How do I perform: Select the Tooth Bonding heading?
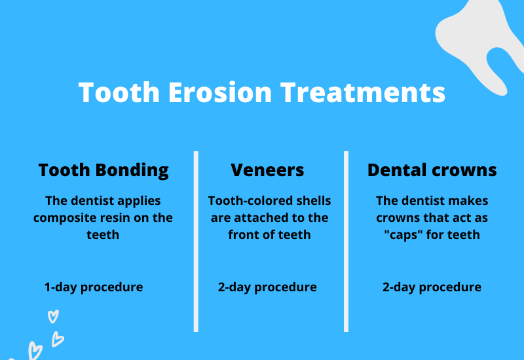pyautogui.click(x=103, y=170)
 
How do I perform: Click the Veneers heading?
pyautogui.click(x=267, y=170)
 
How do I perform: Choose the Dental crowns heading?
pyautogui.click(x=432, y=170)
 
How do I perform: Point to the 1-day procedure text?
pyautogui.click(x=94, y=287)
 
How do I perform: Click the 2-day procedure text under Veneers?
pyautogui.click(x=267, y=287)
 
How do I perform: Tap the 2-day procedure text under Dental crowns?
pyautogui.click(x=432, y=287)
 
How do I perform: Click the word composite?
pyautogui.click(x=62, y=217)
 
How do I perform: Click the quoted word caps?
pyautogui.click(x=402, y=234)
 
